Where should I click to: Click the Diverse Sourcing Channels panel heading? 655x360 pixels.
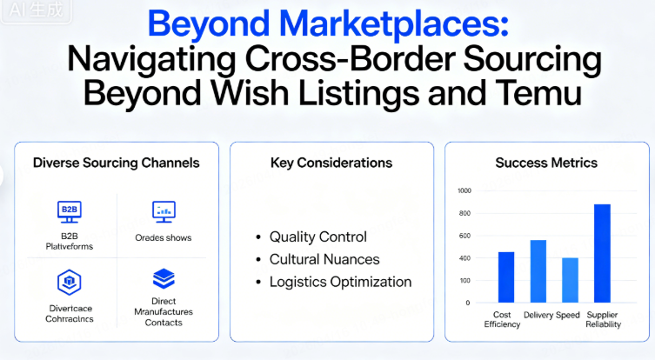click(116, 163)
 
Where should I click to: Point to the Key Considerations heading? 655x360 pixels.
click(331, 163)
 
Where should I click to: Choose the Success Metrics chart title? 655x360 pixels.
click(546, 163)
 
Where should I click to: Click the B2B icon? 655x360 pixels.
click(68, 210)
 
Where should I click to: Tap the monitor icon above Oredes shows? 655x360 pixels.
click(164, 210)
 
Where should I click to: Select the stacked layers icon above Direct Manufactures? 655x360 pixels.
click(164, 279)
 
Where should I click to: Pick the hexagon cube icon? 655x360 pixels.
click(68, 281)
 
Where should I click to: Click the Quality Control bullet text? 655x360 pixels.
click(317, 237)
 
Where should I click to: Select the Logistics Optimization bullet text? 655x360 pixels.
click(340, 282)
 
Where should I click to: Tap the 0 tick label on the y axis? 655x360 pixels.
click(468, 303)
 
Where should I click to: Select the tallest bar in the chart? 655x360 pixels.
click(602, 253)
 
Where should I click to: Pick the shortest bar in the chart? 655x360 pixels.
click(570, 279)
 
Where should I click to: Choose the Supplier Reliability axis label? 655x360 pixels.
click(602, 318)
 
